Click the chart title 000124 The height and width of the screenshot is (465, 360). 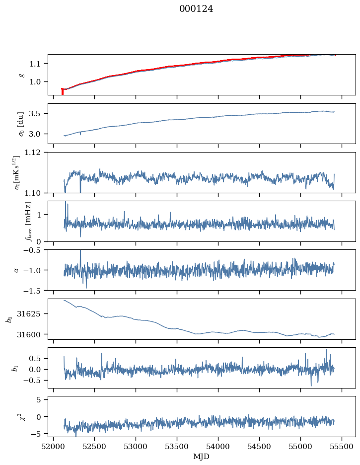click(196, 9)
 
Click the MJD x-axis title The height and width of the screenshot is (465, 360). click(202, 457)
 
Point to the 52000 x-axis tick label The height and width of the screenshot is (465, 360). click(53, 447)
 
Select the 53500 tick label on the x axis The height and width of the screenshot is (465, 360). click(177, 447)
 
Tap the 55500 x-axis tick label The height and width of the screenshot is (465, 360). click(342, 447)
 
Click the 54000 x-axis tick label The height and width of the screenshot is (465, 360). click(218, 447)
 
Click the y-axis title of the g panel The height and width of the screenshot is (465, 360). click(21, 75)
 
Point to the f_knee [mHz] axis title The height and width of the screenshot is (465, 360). click(28, 222)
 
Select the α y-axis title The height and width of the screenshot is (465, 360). click(16, 270)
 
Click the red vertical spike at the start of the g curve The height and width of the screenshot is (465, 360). click(62, 91)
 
